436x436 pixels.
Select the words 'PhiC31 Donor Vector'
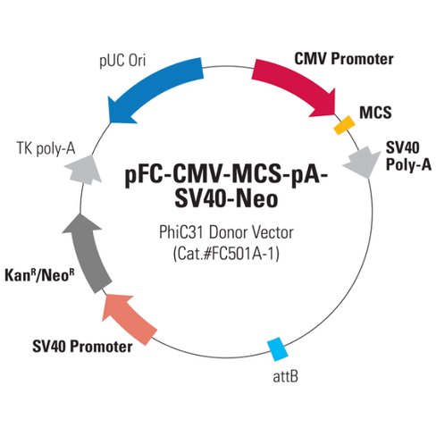click(219, 231)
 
